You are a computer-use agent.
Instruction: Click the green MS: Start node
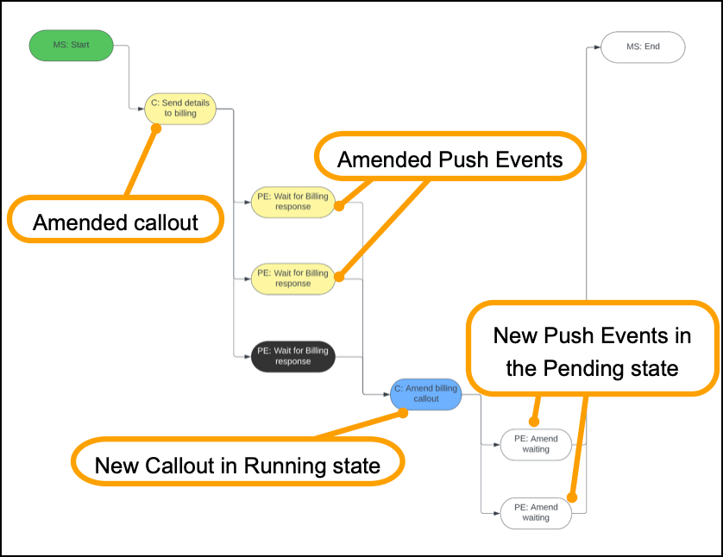pos(71,46)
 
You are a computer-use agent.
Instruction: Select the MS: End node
pos(643,47)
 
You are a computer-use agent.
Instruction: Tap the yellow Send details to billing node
pos(179,109)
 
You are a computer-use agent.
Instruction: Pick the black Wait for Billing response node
pos(292,356)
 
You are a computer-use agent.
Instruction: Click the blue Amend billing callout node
pos(425,394)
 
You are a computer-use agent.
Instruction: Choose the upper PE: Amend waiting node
pos(535,444)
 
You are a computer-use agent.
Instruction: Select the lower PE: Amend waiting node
pos(535,512)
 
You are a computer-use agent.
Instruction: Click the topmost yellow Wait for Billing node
pos(292,202)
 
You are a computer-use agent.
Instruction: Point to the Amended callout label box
pos(116,222)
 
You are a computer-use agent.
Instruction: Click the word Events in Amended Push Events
pos(526,160)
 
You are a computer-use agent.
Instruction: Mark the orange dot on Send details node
pos(156,128)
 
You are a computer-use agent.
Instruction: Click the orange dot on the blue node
pos(403,413)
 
